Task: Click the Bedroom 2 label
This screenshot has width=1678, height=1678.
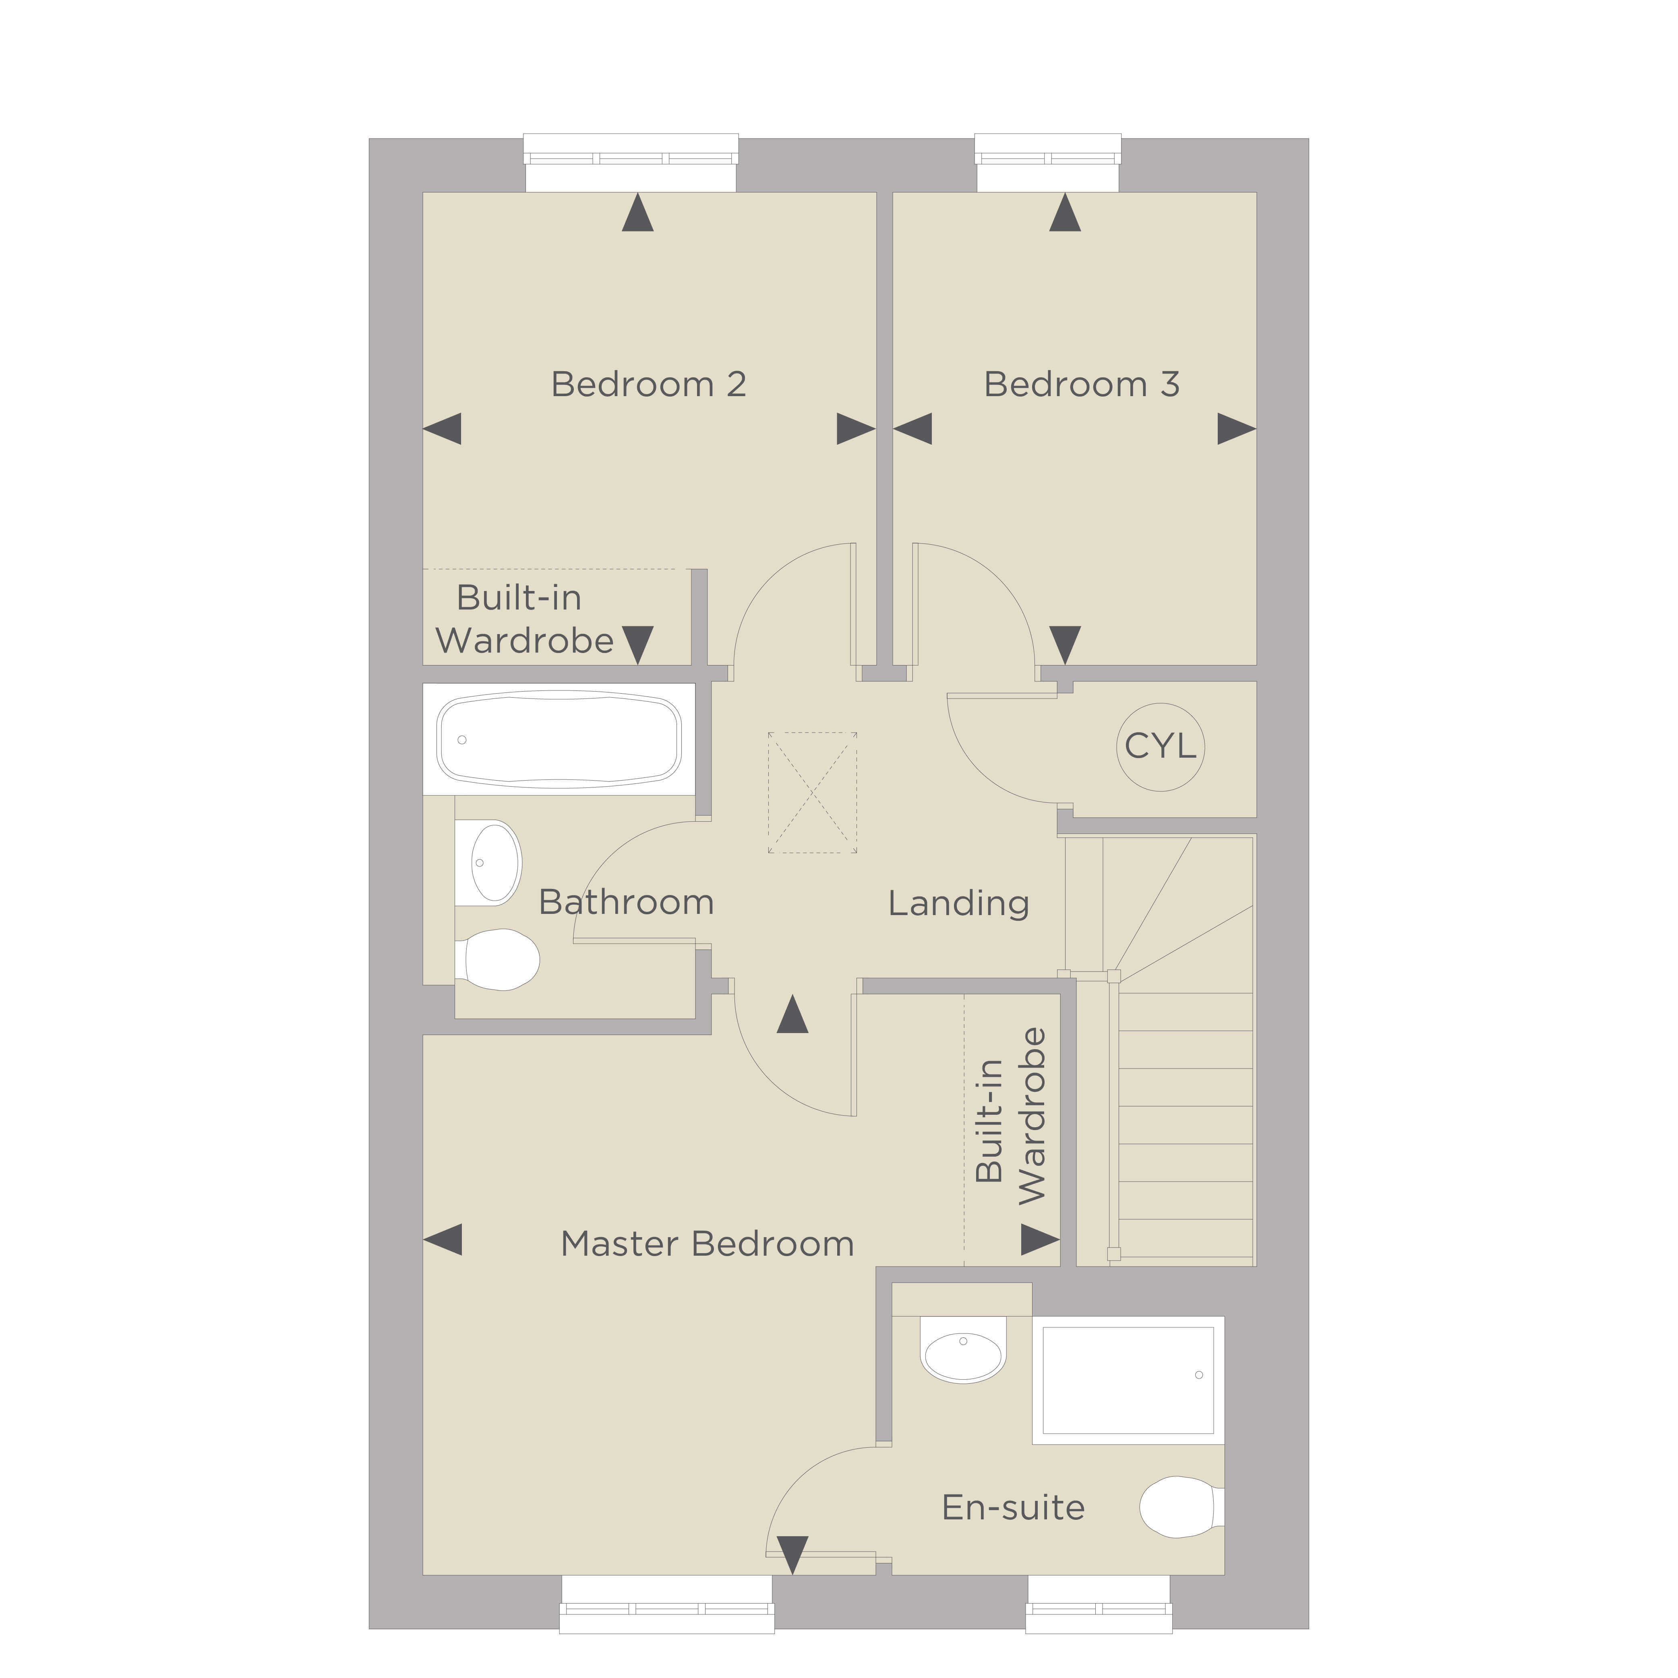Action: pos(649,384)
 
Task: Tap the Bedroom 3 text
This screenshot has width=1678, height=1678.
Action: pos(1081,384)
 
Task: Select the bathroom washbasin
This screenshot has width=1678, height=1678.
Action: pos(488,862)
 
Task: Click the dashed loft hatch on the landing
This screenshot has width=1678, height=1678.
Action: pos(812,792)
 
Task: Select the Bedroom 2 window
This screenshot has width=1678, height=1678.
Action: pos(631,162)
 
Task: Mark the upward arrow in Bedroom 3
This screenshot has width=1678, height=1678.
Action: pos(1065,212)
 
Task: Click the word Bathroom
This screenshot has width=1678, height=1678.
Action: pos(626,902)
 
